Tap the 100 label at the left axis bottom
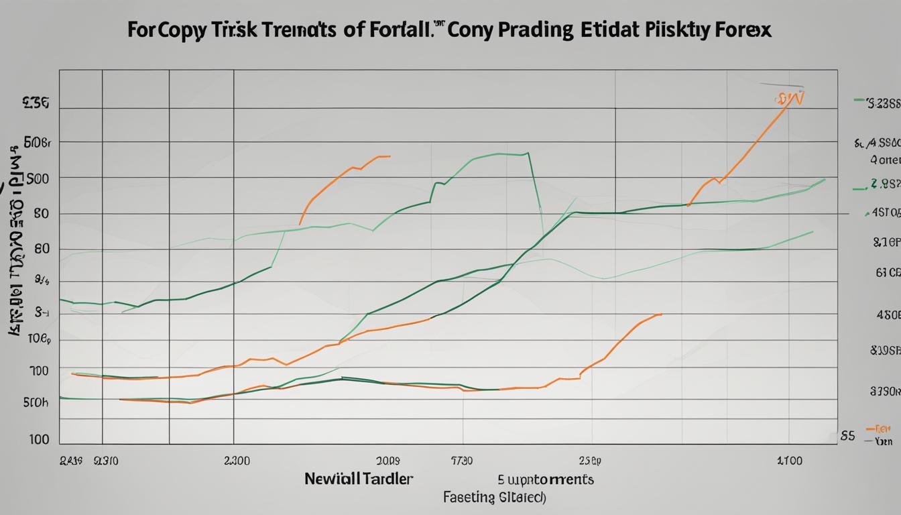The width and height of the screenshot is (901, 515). (39, 439)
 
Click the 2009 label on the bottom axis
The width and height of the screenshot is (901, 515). (387, 461)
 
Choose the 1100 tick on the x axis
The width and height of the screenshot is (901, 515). (789, 461)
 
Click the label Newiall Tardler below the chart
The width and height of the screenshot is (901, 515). (359, 479)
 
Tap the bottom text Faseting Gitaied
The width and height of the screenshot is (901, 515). (494, 498)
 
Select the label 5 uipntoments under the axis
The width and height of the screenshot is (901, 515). (546, 479)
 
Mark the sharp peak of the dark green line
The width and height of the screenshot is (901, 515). (528, 154)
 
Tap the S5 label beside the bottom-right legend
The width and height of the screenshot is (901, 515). (847, 435)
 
